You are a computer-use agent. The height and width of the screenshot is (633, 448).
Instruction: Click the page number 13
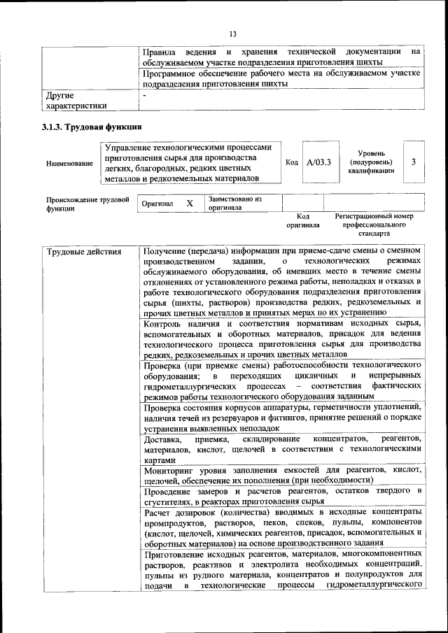click(232, 34)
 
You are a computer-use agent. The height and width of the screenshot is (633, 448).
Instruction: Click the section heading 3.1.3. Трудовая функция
click(92, 128)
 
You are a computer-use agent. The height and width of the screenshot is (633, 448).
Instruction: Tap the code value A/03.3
click(318, 162)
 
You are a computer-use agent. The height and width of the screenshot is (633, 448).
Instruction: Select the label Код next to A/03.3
click(292, 163)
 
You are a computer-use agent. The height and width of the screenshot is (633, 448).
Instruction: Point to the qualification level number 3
click(414, 162)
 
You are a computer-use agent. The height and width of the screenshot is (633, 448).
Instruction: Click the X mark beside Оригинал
click(189, 204)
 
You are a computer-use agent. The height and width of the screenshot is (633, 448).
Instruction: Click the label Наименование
click(69, 163)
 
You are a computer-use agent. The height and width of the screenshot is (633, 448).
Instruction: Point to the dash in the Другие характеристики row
click(144, 94)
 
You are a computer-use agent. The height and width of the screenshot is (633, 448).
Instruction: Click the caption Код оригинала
click(302, 221)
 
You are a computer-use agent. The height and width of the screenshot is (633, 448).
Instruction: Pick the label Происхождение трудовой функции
click(87, 204)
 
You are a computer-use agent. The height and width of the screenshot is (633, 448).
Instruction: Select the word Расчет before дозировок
click(157, 512)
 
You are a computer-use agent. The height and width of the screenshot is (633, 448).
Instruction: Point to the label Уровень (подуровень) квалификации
click(370, 162)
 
